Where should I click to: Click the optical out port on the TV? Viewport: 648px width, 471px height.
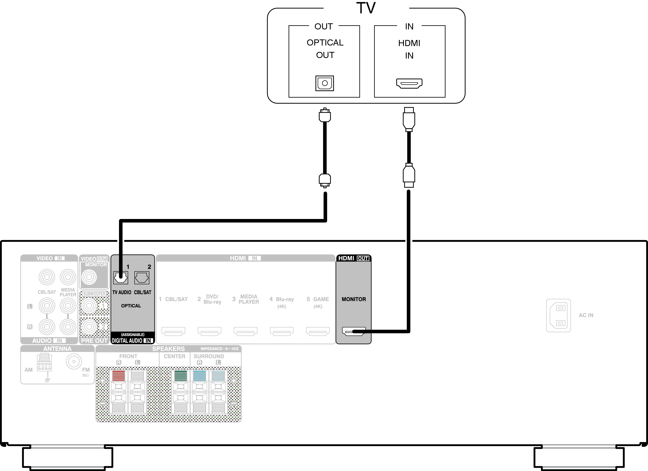tap(325, 83)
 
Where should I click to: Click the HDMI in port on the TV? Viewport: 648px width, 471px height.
tap(409, 83)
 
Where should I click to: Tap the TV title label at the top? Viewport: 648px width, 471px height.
tap(366, 8)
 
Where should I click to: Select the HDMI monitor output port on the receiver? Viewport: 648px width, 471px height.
tap(354, 331)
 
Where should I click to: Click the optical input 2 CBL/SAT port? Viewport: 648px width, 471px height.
tap(142, 278)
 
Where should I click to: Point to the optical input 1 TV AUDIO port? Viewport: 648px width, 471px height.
tap(121, 278)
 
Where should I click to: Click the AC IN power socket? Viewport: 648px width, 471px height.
tap(558, 316)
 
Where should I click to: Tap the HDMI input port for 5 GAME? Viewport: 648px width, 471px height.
tap(318, 331)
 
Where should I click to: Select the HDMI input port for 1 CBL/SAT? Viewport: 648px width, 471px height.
tap(173, 331)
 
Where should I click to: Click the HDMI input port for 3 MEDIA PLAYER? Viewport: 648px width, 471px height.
tap(245, 331)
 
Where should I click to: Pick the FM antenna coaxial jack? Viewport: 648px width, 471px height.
tap(74, 361)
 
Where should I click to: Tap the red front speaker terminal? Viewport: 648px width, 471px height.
tap(118, 376)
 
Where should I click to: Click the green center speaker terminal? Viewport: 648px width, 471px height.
tap(181, 376)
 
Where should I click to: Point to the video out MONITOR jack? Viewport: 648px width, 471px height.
tap(89, 277)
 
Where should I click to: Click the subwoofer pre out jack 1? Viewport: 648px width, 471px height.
tap(89, 306)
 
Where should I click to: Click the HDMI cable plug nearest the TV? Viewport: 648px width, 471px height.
tap(409, 119)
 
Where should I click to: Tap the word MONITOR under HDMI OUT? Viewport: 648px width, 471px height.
tap(354, 299)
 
